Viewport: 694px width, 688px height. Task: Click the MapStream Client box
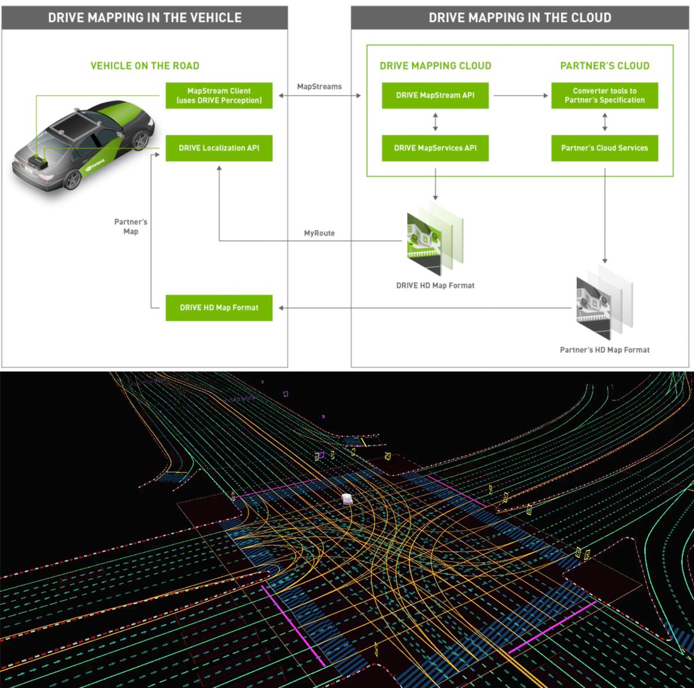click(x=219, y=95)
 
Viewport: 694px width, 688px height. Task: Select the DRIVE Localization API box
click(x=219, y=148)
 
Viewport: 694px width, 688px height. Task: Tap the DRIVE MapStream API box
click(x=435, y=95)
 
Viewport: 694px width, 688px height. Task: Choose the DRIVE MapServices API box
click(x=435, y=148)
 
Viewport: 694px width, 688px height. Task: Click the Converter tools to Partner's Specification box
click(x=604, y=95)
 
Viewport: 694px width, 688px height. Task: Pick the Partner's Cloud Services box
click(x=604, y=148)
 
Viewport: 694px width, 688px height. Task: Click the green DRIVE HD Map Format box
click(x=219, y=307)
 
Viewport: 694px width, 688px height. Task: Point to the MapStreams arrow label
click(x=319, y=87)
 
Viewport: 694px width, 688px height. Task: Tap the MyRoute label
click(x=319, y=233)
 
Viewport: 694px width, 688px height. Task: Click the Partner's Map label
click(x=131, y=226)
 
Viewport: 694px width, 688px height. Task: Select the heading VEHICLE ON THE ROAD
click(x=145, y=66)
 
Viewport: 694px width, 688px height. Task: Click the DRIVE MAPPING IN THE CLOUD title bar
click(x=519, y=17)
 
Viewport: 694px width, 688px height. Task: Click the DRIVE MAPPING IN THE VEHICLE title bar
click(x=145, y=17)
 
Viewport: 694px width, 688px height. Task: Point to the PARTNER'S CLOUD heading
click(x=604, y=66)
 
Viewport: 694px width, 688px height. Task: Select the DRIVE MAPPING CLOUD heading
click(x=435, y=66)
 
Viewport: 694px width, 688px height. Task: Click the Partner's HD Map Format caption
click(x=604, y=350)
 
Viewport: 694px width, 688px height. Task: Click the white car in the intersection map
click(x=346, y=499)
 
